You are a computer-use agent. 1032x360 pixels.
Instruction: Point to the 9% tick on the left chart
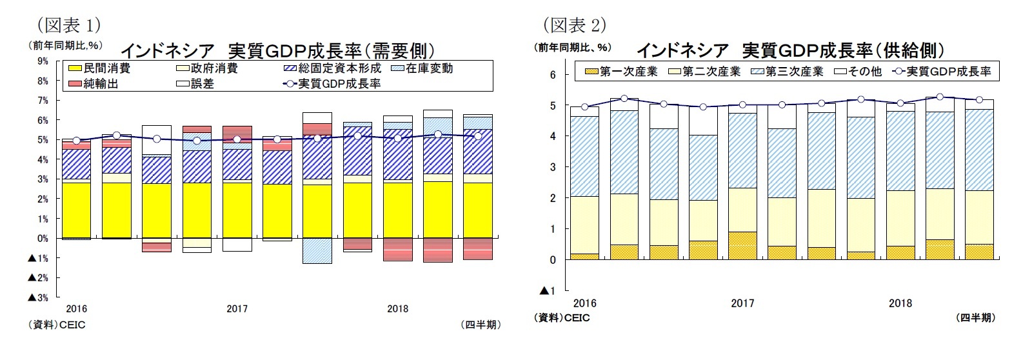pos(43,61)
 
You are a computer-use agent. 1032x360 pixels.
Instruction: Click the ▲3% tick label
pos(37,297)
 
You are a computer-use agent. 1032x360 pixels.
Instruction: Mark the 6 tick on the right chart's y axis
pos(552,75)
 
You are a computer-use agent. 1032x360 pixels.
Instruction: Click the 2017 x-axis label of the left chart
pos(237,308)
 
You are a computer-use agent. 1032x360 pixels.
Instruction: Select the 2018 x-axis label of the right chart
pos(900,303)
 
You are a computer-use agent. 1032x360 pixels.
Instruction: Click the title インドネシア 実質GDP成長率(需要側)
pos(277,50)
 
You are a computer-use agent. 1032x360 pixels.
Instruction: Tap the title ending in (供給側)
pos(791,50)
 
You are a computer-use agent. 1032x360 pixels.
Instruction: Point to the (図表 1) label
pos(68,25)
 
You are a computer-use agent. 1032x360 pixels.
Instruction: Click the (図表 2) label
pos(575,25)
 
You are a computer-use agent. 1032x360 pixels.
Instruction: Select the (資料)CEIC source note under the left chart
pos(56,325)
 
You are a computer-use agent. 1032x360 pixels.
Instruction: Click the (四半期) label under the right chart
pos(975,317)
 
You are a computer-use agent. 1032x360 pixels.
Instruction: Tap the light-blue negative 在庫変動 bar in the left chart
pos(317,250)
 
